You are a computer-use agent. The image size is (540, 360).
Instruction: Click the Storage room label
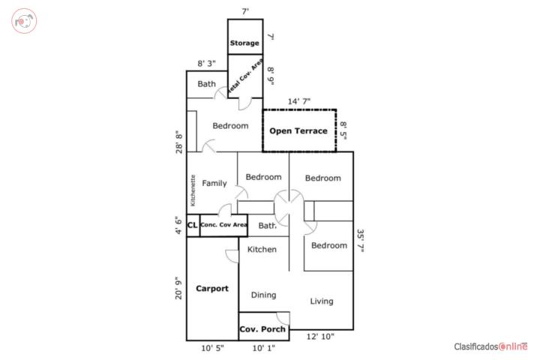coord(244,43)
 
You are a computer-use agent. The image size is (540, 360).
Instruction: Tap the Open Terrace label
coord(298,131)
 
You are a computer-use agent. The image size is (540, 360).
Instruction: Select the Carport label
coord(212,289)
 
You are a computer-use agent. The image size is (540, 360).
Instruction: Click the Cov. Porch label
coord(262,329)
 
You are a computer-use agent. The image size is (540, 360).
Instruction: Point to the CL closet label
coord(192,225)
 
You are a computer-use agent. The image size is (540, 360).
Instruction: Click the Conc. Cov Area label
coord(223,225)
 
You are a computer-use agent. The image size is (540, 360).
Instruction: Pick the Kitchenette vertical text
coord(193,190)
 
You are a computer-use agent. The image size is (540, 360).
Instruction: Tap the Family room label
coord(214,183)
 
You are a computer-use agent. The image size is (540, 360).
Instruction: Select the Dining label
coord(263,295)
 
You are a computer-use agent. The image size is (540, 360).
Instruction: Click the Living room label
coord(322,301)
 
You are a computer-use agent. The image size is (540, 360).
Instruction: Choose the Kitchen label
coord(262,250)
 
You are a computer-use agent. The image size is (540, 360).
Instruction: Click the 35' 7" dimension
coord(361,241)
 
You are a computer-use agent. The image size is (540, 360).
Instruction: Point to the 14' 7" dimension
coord(299,101)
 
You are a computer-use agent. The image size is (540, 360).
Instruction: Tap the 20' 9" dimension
coord(178,288)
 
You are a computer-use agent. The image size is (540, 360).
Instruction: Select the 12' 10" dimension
coord(320,337)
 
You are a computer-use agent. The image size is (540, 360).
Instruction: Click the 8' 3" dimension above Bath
coord(207,64)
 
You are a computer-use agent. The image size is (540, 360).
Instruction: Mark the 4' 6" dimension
coord(178,225)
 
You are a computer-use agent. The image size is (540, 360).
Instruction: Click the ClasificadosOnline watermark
coord(490,346)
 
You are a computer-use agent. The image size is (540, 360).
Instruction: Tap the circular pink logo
coord(24,21)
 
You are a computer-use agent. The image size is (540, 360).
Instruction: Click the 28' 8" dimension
coord(179,142)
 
